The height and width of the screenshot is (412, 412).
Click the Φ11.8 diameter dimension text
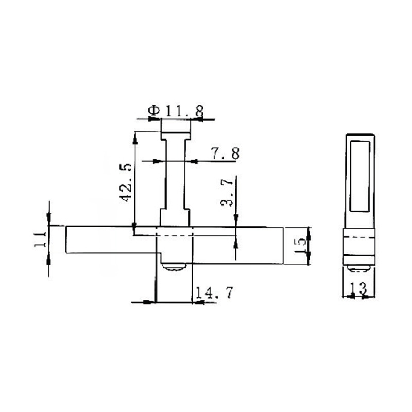click(x=176, y=110)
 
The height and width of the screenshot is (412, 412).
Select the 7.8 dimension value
click(x=225, y=153)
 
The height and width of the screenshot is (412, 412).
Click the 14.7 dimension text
click(x=213, y=293)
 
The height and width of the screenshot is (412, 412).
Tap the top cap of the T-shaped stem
click(x=176, y=126)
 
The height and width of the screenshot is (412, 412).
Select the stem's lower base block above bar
click(x=176, y=217)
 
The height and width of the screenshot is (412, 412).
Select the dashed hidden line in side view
click(x=359, y=236)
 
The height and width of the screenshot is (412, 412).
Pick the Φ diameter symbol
click(x=153, y=110)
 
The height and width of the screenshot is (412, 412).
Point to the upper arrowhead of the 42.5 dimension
click(x=134, y=135)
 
